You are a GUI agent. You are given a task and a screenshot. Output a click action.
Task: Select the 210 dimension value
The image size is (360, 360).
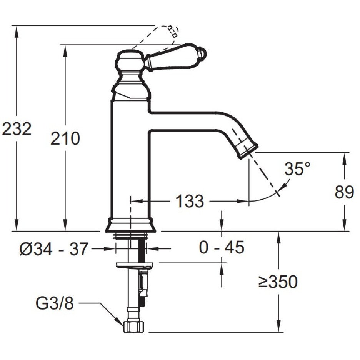pyautogui.click(x=65, y=138)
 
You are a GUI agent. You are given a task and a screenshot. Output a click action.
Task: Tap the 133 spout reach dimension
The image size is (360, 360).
pyautogui.click(x=190, y=201)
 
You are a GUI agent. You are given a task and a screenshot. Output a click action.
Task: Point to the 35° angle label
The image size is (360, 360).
pyautogui.click(x=297, y=169)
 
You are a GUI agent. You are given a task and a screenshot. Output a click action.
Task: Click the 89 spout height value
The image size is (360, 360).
pyautogui.click(x=344, y=192)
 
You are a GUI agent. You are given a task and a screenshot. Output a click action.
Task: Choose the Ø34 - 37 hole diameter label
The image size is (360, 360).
pyautogui.click(x=54, y=248)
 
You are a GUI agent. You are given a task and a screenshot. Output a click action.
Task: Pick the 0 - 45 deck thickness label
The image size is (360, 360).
pyautogui.click(x=222, y=247)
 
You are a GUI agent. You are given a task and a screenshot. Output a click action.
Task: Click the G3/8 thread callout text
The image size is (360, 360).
pyautogui.click(x=55, y=303)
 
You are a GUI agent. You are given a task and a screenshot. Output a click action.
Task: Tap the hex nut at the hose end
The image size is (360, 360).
pyautogui.click(x=133, y=327)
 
